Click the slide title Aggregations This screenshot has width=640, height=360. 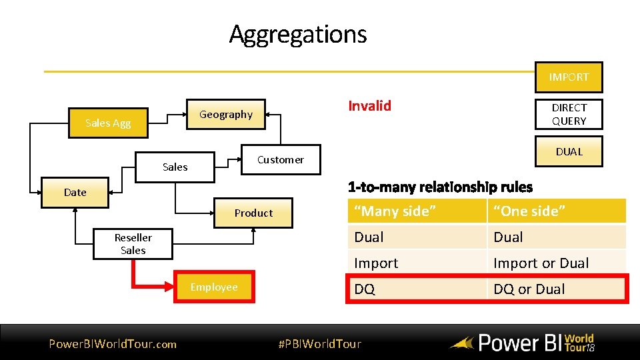click(298, 33)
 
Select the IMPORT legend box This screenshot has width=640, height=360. click(569, 77)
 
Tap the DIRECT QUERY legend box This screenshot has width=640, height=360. click(569, 114)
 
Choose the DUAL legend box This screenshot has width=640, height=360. click(569, 151)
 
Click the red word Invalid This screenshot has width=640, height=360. click(370, 105)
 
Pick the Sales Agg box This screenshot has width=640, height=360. click(108, 123)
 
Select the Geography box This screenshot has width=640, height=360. click(226, 114)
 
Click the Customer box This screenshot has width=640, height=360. click(280, 159)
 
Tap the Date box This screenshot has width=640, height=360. click(75, 192)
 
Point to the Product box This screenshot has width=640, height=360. click(253, 213)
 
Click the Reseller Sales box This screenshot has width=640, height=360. click(133, 244)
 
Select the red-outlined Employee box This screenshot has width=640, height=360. click(214, 287)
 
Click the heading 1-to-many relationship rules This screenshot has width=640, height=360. click(440, 187)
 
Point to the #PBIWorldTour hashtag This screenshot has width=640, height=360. click(319, 344)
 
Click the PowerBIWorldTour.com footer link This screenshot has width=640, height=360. click(113, 344)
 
